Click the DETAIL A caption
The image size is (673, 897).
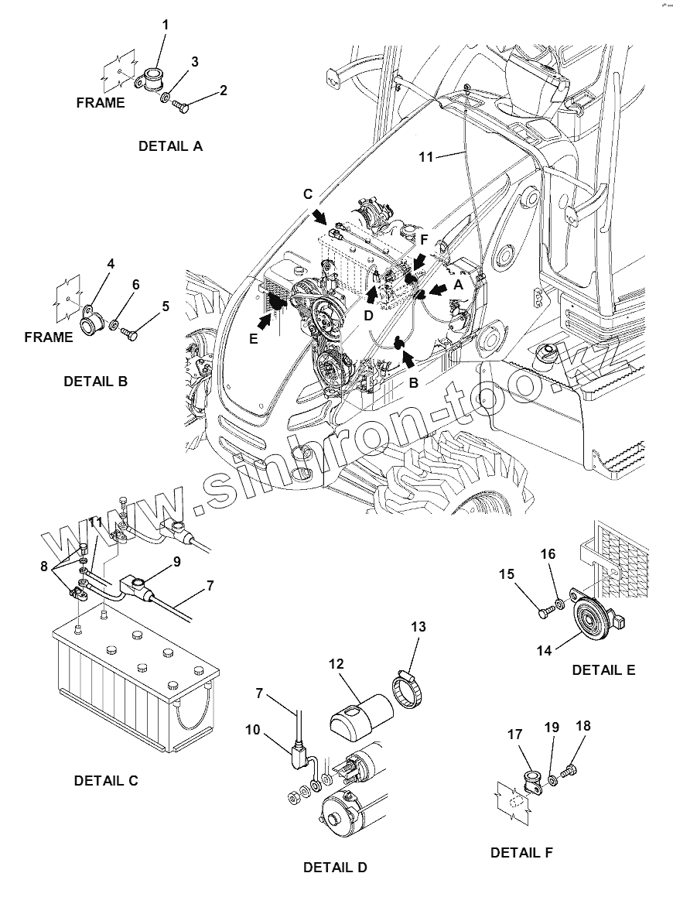point(170,146)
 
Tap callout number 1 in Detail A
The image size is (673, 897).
point(165,26)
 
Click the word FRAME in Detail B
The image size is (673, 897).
point(48,337)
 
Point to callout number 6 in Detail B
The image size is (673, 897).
point(136,285)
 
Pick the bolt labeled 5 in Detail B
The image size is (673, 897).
point(128,334)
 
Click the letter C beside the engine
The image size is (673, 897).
point(308,193)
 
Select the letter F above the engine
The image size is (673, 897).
point(424,239)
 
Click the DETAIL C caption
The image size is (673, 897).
point(106,781)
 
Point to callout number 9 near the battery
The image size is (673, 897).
point(177,562)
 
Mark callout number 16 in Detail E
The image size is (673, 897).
point(548,555)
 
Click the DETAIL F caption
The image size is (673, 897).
point(522,853)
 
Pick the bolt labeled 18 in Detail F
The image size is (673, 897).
point(571,770)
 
